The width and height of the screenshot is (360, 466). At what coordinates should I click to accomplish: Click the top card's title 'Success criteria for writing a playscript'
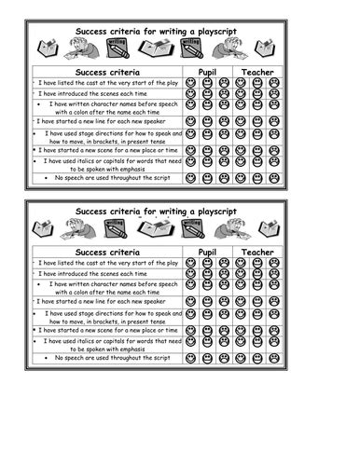click(156, 32)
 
